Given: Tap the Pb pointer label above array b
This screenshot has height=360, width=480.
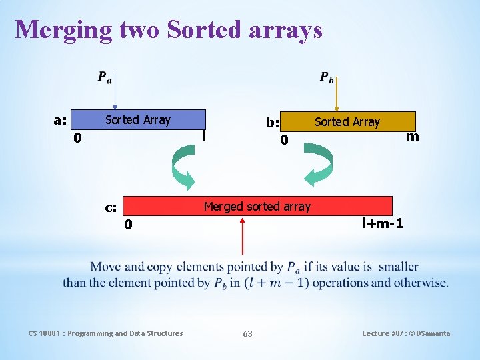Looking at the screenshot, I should tap(327, 77).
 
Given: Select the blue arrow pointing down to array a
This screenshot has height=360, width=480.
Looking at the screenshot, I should tap(115, 93).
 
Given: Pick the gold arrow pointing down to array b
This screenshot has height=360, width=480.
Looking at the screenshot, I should tap(337, 95).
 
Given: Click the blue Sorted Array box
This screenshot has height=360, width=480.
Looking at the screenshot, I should tap(138, 120).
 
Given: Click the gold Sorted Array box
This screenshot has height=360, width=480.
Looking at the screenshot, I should tap(347, 121).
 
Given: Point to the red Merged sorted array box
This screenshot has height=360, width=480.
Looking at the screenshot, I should tap(257, 206).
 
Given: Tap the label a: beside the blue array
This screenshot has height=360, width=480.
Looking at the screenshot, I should tap(60, 121).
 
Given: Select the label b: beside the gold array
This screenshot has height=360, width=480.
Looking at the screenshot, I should tap(272, 123).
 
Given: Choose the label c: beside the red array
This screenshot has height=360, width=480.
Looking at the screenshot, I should tap(111, 207).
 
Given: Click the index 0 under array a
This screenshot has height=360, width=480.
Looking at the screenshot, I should tap(77, 139).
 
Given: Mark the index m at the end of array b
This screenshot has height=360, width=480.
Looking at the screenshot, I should tap(413, 137).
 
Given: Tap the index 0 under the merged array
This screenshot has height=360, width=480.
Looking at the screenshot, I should tap(128, 225).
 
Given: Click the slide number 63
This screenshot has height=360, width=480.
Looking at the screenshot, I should tap(247, 333).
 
